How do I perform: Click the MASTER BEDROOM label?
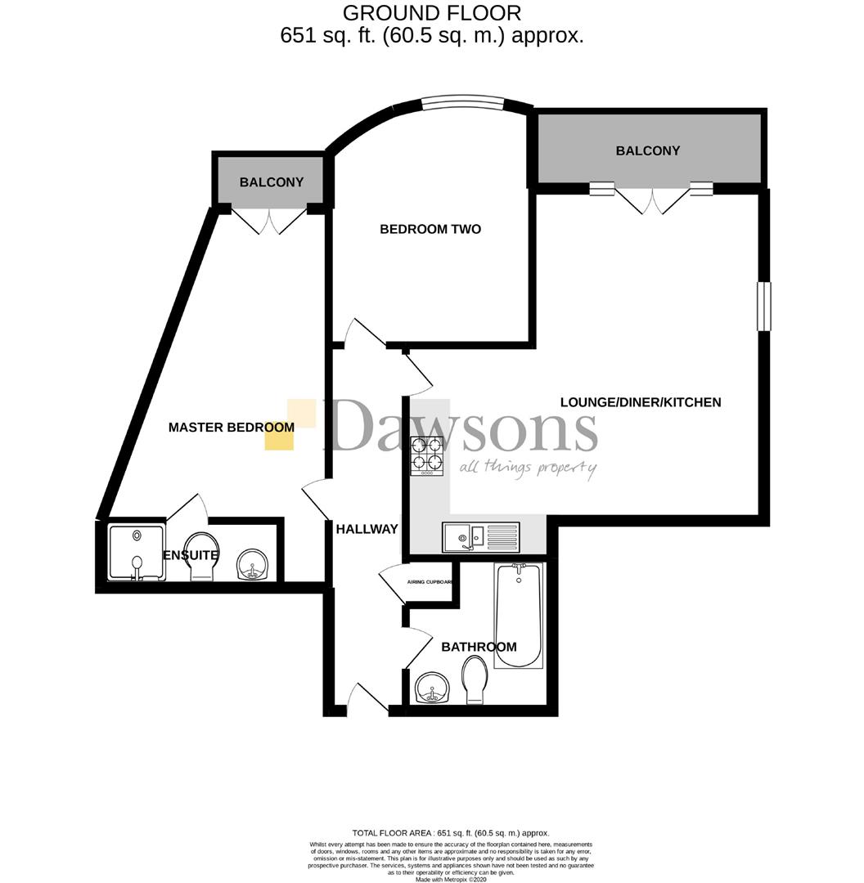pos(231,428)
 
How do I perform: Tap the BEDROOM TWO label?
pos(430,229)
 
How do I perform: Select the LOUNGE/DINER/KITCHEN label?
pos(641,402)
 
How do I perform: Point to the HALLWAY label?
pos(367,529)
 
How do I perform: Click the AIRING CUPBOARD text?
pos(430,583)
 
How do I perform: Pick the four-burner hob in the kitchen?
pos(427,456)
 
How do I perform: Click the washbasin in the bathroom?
pos(430,688)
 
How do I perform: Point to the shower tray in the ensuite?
pos(136,551)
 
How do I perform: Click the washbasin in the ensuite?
pos(252,564)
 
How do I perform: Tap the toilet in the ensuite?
pos(201,557)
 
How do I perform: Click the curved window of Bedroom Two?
pos(464,102)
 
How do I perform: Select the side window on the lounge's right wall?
pos(763,306)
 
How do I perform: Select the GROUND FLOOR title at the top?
pos(431,13)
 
